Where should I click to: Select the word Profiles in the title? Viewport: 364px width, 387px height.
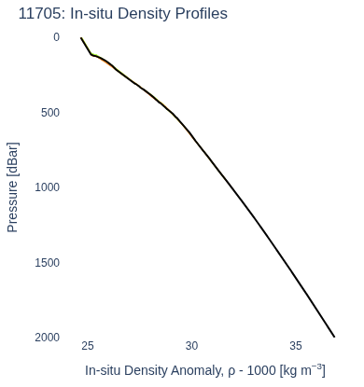click(x=202, y=14)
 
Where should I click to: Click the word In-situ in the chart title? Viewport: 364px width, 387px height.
click(x=91, y=14)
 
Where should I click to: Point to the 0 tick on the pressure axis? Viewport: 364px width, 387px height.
click(x=56, y=37)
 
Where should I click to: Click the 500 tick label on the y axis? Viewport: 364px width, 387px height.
click(x=50, y=113)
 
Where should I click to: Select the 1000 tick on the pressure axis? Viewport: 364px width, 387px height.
click(x=47, y=187)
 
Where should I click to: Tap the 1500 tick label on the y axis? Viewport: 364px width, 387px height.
click(x=47, y=263)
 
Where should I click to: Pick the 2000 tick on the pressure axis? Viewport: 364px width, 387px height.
click(x=47, y=338)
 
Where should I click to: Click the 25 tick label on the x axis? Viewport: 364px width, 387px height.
click(x=88, y=346)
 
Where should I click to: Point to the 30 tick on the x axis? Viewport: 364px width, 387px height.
click(x=191, y=346)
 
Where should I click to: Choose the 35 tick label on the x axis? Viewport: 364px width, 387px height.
click(x=296, y=346)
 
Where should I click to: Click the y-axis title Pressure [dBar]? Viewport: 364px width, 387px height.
click(x=13, y=187)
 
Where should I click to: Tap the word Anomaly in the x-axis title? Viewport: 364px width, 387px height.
click(x=197, y=371)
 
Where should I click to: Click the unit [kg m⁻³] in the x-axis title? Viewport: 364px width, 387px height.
click(x=302, y=370)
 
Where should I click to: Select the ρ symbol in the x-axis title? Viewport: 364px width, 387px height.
click(x=231, y=372)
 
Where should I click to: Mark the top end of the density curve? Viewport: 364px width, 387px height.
click(x=81, y=38)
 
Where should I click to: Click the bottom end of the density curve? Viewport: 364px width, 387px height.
click(x=334, y=337)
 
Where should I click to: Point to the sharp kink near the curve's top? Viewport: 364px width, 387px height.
click(x=92, y=55)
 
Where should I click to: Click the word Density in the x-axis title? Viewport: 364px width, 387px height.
click(x=147, y=371)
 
